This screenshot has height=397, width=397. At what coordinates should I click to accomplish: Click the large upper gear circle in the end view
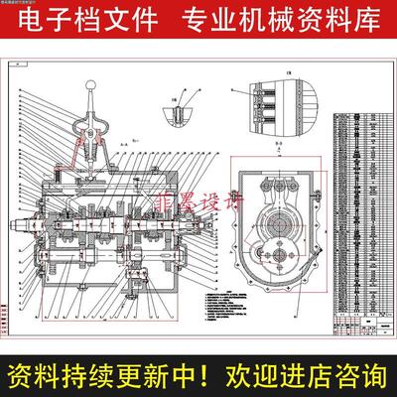[x=274, y=194]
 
